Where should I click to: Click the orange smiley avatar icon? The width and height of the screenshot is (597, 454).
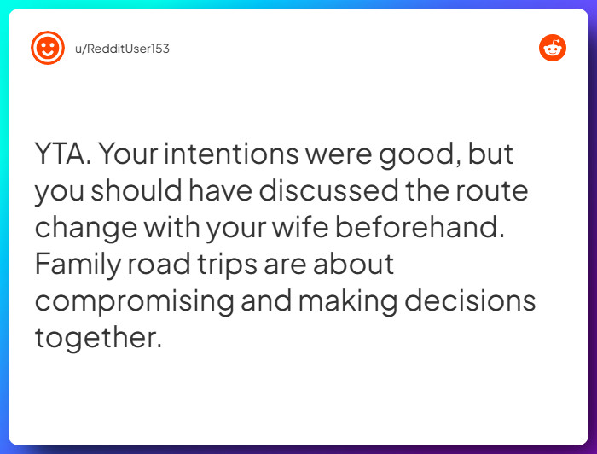[x=48, y=48]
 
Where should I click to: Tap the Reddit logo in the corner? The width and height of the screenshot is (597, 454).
[x=553, y=48]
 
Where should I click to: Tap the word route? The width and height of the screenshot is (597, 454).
[x=496, y=191]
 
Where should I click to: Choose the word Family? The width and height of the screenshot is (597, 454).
[x=78, y=265]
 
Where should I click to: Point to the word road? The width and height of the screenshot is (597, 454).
[x=164, y=264]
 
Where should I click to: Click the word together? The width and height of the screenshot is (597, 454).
[x=97, y=338]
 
